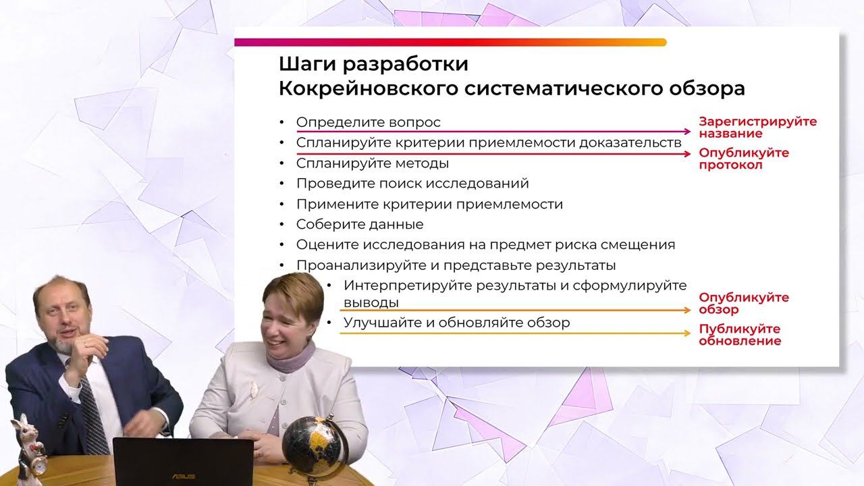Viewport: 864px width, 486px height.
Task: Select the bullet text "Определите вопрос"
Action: (x=369, y=122)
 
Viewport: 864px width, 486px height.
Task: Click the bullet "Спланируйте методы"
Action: (x=373, y=163)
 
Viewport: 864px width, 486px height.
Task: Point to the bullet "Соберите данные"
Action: (x=360, y=224)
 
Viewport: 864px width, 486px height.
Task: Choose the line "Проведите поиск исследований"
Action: (x=412, y=184)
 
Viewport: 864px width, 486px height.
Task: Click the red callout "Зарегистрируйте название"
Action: (x=757, y=128)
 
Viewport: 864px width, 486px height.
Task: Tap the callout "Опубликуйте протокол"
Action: (x=743, y=159)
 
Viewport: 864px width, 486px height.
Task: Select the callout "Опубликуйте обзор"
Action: (x=743, y=304)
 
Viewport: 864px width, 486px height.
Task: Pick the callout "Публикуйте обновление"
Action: (x=740, y=335)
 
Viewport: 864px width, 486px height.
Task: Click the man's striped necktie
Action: (x=94, y=412)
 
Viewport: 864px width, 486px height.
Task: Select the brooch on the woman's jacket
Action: (x=254, y=388)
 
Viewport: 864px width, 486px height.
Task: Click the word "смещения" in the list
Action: (x=642, y=245)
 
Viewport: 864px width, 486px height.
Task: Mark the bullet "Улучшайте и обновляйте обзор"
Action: (x=456, y=323)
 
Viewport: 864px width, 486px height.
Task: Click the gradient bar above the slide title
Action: (x=450, y=43)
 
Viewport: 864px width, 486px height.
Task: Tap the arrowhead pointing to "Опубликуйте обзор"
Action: (x=686, y=310)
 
